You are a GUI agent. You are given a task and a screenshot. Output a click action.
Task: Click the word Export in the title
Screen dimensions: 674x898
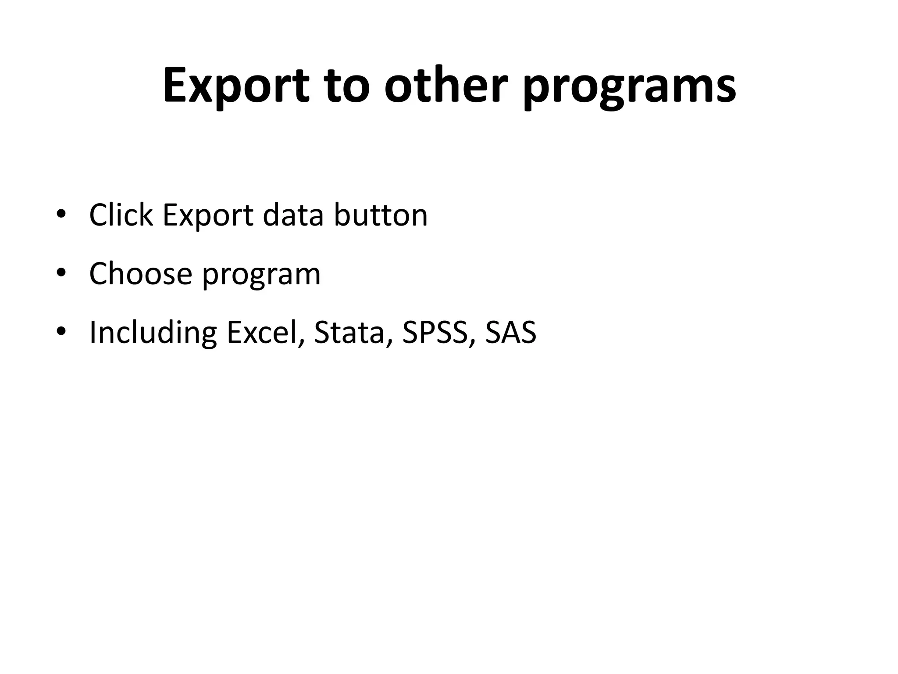[x=236, y=86]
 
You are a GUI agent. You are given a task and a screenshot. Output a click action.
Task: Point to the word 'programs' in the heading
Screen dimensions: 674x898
[x=630, y=88]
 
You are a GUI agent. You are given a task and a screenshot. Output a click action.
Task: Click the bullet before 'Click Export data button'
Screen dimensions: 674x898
[x=61, y=215]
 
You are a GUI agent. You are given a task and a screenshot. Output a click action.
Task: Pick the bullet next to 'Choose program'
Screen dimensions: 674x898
[x=61, y=273]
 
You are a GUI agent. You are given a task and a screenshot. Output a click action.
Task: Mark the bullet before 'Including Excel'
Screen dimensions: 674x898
[x=61, y=332]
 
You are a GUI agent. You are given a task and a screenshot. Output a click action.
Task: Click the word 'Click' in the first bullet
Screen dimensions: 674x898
[x=121, y=215]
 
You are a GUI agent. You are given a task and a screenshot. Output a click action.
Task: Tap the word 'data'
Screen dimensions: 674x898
[x=293, y=215]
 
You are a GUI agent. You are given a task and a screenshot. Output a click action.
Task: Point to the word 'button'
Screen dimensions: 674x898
[x=381, y=215]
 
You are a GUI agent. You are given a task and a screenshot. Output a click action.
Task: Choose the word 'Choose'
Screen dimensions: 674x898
[x=141, y=273]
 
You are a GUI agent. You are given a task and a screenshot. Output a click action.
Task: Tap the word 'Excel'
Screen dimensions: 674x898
[x=262, y=332]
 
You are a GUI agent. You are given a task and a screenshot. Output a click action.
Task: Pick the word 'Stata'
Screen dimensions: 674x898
[x=349, y=332]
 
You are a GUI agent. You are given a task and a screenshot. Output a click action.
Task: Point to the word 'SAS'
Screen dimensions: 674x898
[x=511, y=332]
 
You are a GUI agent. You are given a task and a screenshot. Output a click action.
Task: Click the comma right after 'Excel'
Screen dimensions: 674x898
[x=301, y=342]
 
